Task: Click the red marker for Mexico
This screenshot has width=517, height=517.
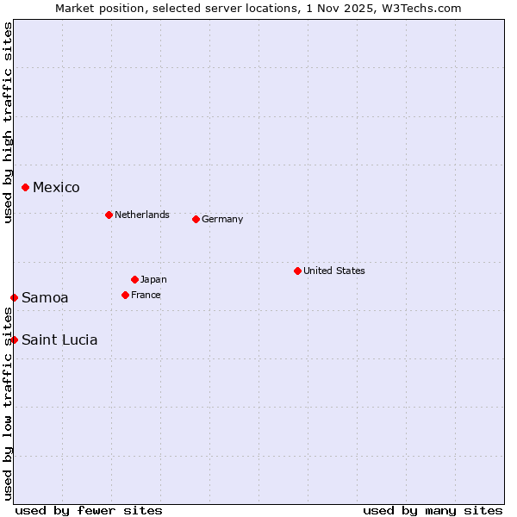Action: pyautogui.click(x=25, y=187)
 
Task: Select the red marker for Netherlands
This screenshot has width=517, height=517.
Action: pyautogui.click(x=109, y=215)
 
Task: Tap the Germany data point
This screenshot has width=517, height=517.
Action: pyautogui.click(x=196, y=219)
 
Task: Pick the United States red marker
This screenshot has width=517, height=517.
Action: pyautogui.click(x=297, y=271)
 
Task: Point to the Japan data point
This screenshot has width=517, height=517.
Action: pyautogui.click(x=134, y=279)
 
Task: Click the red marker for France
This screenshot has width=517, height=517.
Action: pyautogui.click(x=125, y=295)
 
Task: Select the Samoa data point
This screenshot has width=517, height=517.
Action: pyautogui.click(x=14, y=297)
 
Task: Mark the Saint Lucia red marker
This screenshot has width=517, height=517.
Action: pyautogui.click(x=14, y=339)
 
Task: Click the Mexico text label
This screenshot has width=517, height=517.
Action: pyautogui.click(x=56, y=187)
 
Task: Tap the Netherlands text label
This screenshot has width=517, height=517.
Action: pyautogui.click(x=141, y=215)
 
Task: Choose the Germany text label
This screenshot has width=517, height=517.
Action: pyautogui.click(x=222, y=219)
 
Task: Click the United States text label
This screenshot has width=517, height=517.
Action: pyautogui.click(x=333, y=271)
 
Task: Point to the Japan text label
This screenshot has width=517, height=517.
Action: pyautogui.click(x=153, y=279)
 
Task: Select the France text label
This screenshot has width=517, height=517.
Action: pyautogui.click(x=146, y=295)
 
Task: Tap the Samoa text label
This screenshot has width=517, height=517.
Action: pyautogui.click(x=45, y=297)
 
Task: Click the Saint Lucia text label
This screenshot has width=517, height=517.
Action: pyautogui.click(x=59, y=339)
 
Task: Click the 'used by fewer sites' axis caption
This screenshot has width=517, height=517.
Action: pyautogui.click(x=89, y=510)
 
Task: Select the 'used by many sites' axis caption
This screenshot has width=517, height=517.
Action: pyautogui.click(x=433, y=510)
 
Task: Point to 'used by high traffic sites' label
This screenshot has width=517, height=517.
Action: pyautogui.click(x=8, y=122)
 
